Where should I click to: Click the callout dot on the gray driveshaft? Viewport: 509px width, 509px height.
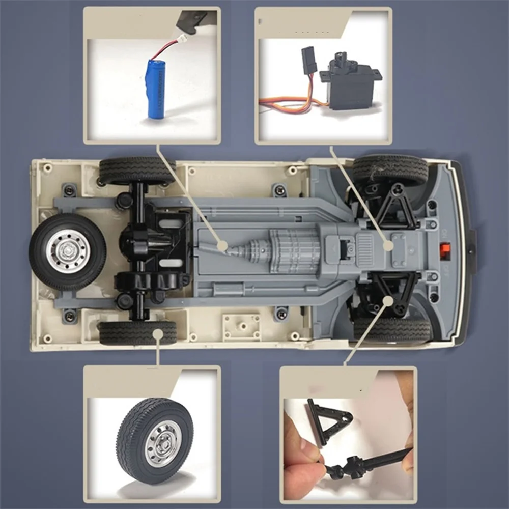click(x=222, y=246)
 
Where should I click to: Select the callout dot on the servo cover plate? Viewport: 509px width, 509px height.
click(x=389, y=245)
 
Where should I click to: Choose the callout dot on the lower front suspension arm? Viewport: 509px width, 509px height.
click(x=388, y=300)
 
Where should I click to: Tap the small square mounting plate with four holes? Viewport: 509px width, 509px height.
click(x=242, y=326)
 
